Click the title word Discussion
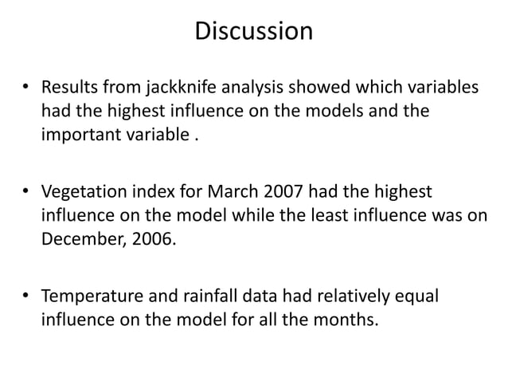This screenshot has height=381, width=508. pyautogui.click(x=253, y=32)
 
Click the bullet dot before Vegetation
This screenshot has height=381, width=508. pyautogui.click(x=25, y=194)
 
